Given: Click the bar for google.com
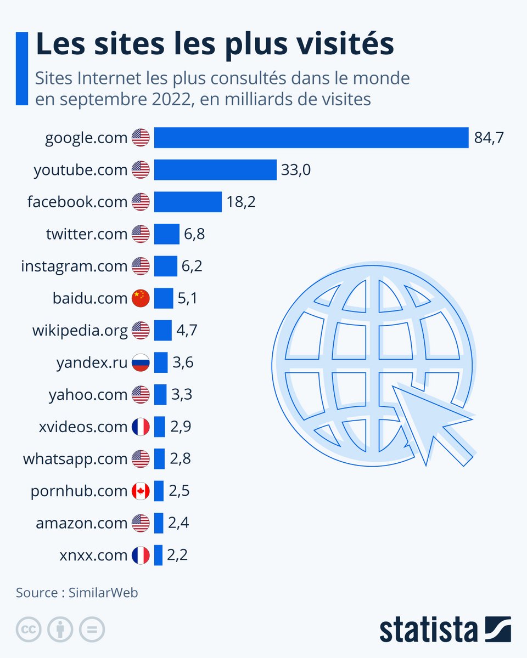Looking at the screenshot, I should click(311, 138).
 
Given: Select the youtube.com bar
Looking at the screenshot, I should click(215, 170).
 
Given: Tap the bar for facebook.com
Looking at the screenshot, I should click(187, 202).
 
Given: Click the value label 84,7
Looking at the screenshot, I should click(489, 138).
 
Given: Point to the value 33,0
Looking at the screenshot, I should click(296, 170).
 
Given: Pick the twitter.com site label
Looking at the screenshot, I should click(87, 234).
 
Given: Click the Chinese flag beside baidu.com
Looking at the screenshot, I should click(141, 298).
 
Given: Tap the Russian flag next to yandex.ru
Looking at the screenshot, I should click(141, 362).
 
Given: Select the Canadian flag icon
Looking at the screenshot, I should click(141, 491).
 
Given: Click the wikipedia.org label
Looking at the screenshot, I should click(80, 331).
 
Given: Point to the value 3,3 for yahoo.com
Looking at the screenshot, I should click(181, 394).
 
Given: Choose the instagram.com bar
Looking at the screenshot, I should click(165, 266).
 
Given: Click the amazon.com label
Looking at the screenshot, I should click(81, 523).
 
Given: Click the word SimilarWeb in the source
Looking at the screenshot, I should click(103, 592).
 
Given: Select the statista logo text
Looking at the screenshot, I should click(428, 629).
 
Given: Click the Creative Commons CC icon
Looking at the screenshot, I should click(29, 629).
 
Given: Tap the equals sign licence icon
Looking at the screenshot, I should click(92, 629).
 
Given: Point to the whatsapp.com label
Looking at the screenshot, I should click(75, 459).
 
